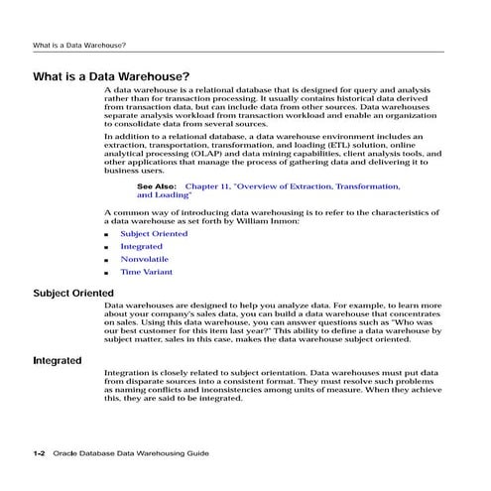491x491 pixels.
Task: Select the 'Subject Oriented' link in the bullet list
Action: click(154, 233)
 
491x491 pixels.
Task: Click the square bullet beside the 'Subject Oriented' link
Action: click(107, 234)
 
